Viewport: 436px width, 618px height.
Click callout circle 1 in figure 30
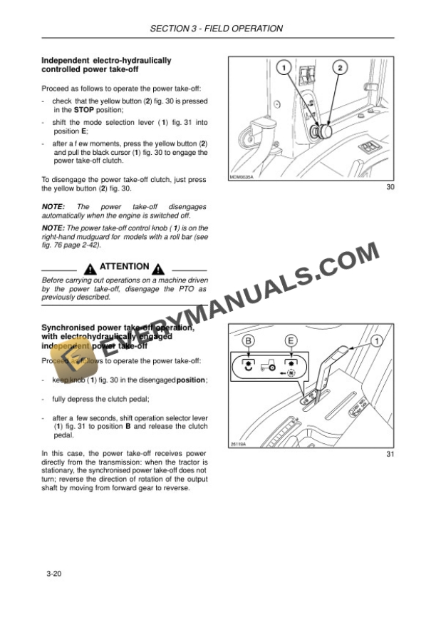pos(283,69)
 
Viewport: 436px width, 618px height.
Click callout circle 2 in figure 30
pos(340,69)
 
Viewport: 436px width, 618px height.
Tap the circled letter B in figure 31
pos(249,341)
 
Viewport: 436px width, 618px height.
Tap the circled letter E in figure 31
pos(291,341)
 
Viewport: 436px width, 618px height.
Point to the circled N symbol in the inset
pos(291,373)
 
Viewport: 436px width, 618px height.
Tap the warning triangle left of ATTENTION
pos(90,268)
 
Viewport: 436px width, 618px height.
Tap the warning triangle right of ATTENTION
pos(158,268)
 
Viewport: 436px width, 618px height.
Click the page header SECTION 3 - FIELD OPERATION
pos(217,29)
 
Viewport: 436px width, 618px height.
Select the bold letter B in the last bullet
pos(128,426)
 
